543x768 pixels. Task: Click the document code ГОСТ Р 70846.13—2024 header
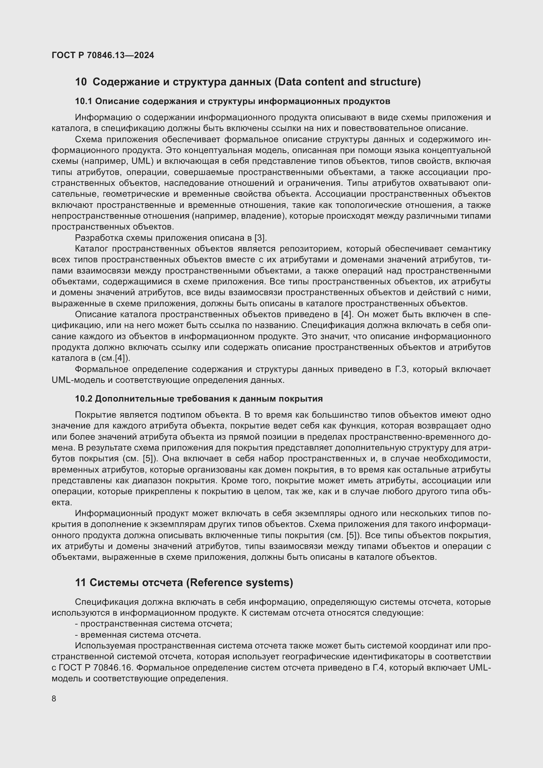(103, 55)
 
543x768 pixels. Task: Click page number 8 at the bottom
(54, 699)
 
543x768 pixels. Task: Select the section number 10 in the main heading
(81, 82)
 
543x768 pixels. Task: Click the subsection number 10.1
(84, 101)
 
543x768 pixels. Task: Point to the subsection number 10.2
(84, 399)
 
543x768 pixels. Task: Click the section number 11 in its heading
(80, 582)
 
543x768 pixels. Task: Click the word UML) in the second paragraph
(142, 161)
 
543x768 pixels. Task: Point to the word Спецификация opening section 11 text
(107, 602)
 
